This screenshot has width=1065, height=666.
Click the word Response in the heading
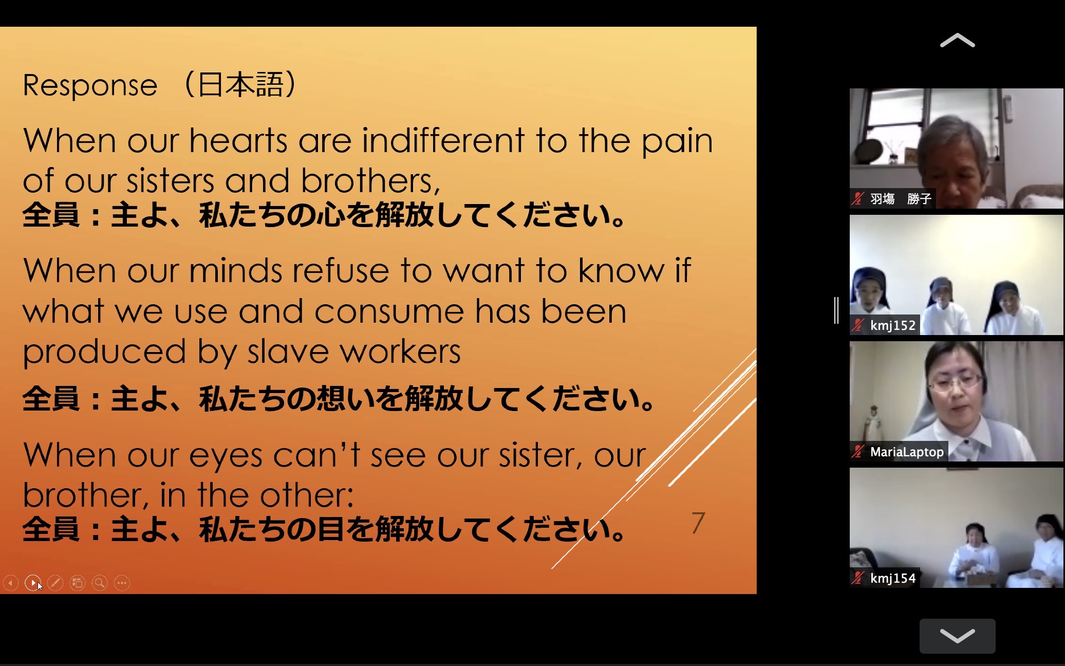click(90, 85)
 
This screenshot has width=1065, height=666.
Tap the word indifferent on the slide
click(443, 140)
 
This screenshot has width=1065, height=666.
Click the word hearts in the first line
click(238, 140)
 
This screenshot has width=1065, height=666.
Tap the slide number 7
click(698, 523)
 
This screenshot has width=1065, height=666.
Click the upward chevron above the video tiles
click(957, 41)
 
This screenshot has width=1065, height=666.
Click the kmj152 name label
click(892, 325)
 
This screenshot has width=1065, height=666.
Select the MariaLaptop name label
click(907, 452)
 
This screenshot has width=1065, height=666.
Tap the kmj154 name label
click(892, 578)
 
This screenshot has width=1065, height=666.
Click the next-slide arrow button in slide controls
click(33, 583)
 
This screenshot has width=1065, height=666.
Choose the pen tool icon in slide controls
click(55, 583)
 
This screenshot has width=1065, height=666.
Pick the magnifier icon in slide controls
click(100, 583)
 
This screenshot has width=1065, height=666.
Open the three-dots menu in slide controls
click(122, 583)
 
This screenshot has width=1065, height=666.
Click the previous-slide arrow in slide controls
click(10, 583)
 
